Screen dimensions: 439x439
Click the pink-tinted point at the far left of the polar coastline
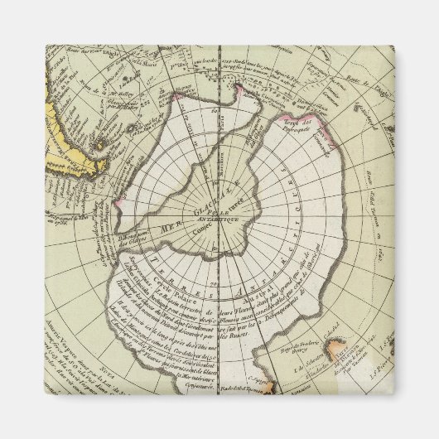pos(119,201)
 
